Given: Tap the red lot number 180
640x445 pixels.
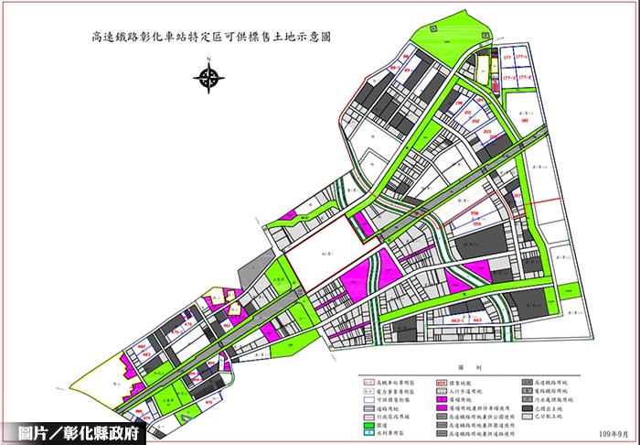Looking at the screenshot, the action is (525, 120).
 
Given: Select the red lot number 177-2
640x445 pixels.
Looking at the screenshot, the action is (525, 78).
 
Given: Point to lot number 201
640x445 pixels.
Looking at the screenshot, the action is (468, 113).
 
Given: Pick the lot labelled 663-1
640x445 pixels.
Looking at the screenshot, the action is (456, 321).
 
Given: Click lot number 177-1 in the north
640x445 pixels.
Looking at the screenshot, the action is (525, 58).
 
